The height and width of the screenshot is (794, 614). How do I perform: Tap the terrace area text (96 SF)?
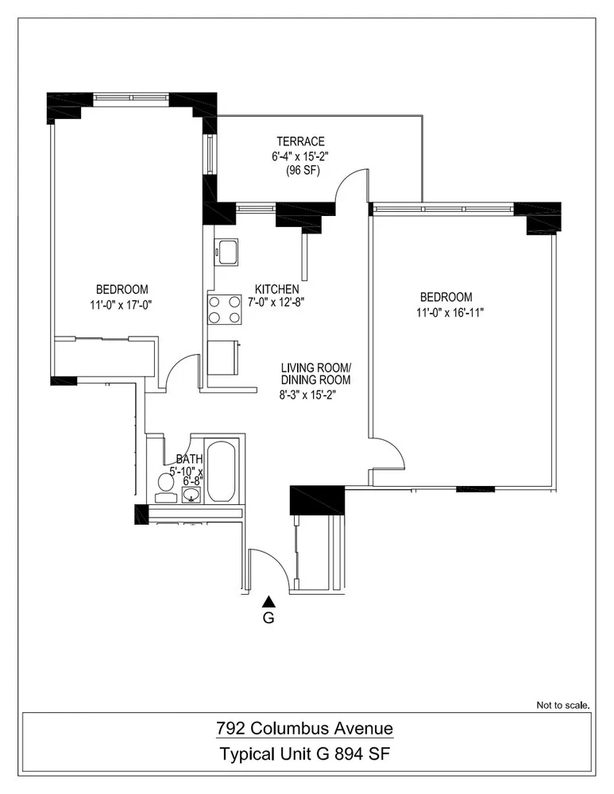tap(302, 170)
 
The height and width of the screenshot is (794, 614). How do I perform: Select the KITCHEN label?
tap(276, 288)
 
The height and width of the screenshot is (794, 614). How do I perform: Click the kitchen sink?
tap(226, 252)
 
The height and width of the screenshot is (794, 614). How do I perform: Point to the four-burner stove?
tap(225, 309)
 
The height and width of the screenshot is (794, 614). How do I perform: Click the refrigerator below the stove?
tap(224, 357)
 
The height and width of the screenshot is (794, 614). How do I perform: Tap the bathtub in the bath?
tap(221, 471)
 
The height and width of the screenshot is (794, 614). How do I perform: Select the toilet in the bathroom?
tap(166, 481)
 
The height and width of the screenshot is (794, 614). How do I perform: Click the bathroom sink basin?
tap(191, 495)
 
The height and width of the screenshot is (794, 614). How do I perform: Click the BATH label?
tap(189, 459)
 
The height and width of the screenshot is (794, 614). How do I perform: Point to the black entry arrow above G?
tap(268, 601)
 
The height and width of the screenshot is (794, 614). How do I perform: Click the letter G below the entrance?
tap(268, 619)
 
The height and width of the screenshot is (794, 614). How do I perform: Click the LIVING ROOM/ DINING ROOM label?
tap(315, 374)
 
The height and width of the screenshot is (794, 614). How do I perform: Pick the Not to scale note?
tap(563, 704)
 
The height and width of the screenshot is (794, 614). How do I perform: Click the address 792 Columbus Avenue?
tap(305, 727)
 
